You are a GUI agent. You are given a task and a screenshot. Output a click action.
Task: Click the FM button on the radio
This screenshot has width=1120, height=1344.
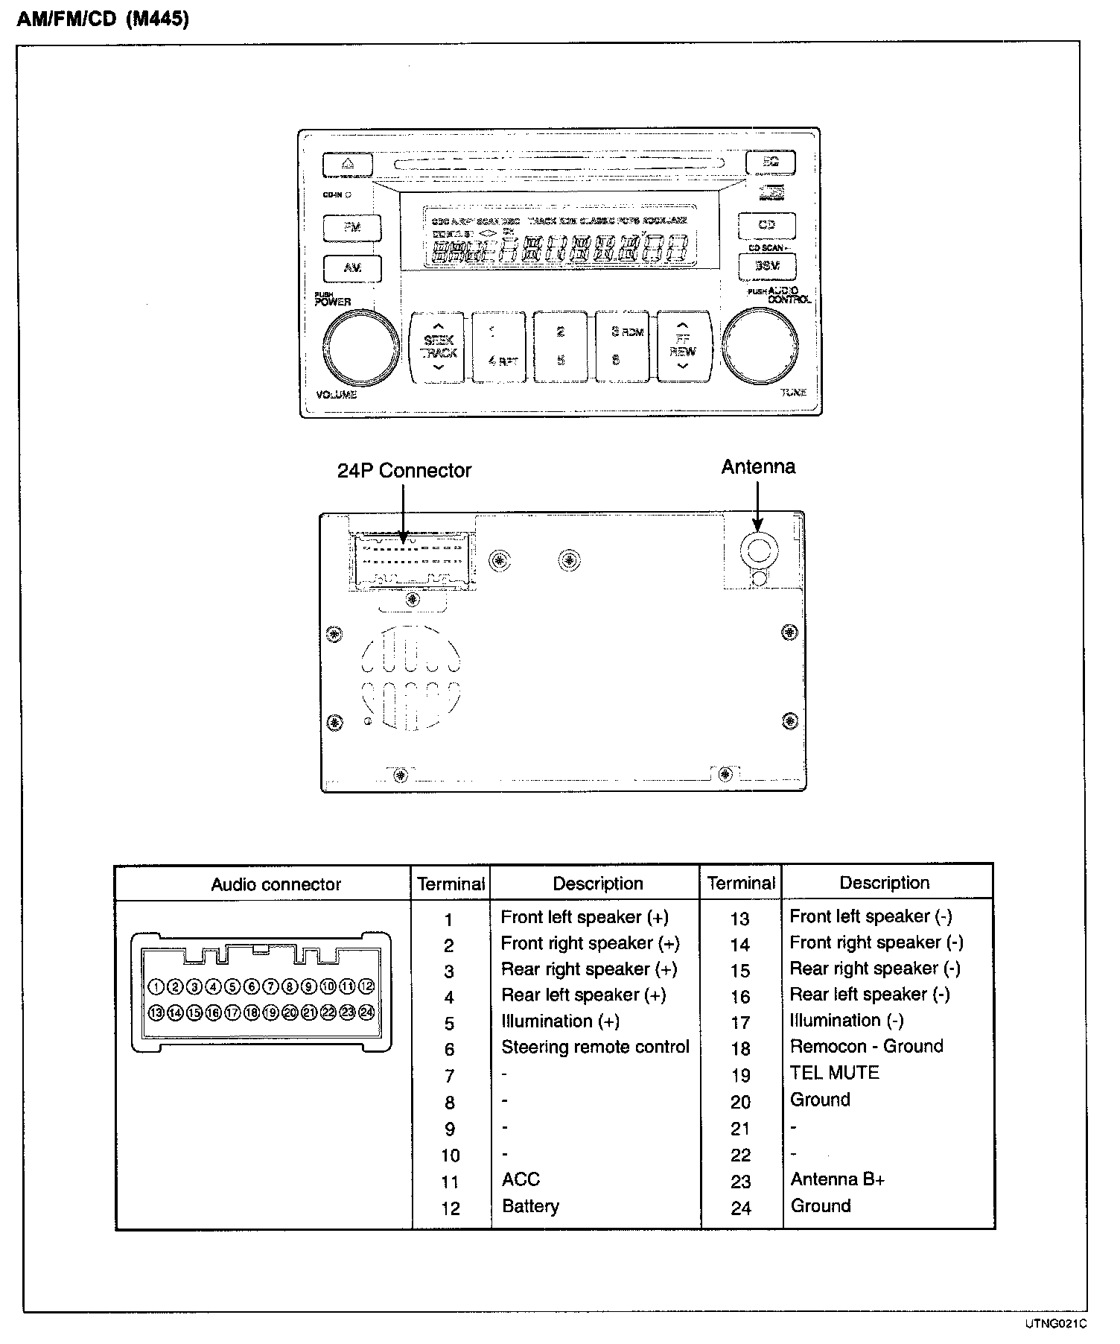pos(352,227)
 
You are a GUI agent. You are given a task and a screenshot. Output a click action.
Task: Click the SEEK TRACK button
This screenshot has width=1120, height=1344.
pos(438,347)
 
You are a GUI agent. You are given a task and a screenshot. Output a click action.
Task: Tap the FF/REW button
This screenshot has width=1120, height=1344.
pos(683,347)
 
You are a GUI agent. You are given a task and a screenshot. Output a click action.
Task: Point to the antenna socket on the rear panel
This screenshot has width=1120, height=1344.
pos(758,551)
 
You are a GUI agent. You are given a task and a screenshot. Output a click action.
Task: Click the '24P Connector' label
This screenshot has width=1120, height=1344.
pos(404,471)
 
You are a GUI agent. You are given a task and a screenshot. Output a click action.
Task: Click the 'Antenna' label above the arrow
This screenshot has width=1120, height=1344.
pos(757,467)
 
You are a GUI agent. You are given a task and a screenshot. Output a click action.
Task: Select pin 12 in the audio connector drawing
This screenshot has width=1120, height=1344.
pos(366,986)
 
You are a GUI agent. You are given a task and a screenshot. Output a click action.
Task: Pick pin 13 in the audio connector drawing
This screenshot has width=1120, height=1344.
pos(156,1012)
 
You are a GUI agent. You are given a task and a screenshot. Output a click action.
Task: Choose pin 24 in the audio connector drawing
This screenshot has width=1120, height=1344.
pos(366,1012)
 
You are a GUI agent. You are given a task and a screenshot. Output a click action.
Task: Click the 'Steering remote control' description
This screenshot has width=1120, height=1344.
pos(595,1047)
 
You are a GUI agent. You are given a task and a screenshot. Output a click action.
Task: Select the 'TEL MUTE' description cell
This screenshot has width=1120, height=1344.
pos(834,1073)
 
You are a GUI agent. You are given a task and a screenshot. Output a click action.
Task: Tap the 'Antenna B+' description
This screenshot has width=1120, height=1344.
pos(837,1179)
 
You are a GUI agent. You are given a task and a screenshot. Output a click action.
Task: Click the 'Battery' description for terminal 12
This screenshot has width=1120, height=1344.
pos(530,1206)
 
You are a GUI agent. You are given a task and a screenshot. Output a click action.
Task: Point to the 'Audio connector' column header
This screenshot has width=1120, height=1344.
pos(276,884)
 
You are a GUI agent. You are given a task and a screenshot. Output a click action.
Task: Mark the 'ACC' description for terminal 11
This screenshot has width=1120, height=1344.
pos(521,1179)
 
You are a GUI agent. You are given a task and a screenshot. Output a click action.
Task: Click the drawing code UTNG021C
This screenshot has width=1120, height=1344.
pos(1055,1324)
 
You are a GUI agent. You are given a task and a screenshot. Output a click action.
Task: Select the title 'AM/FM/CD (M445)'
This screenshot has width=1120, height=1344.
pos(103,19)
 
